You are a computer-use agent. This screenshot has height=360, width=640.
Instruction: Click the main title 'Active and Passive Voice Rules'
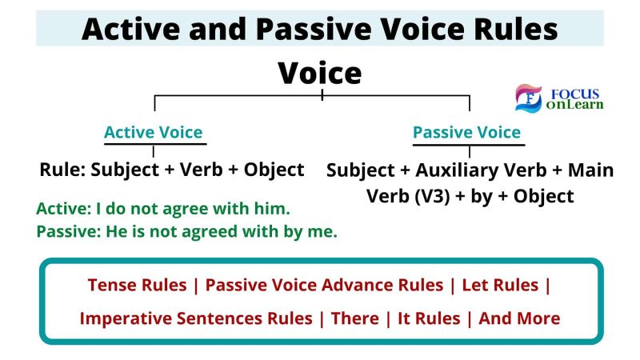click(x=319, y=29)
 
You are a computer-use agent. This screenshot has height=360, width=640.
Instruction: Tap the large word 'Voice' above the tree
click(x=319, y=74)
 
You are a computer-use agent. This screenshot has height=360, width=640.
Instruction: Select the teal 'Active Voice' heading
click(x=154, y=132)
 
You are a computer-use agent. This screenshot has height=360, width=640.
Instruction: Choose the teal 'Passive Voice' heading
click(x=467, y=132)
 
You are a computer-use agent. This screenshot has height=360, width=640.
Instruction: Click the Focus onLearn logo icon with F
click(x=529, y=98)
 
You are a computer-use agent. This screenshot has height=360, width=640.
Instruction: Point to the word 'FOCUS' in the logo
click(x=575, y=94)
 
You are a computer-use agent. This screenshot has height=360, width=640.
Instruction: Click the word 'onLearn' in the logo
click(x=574, y=105)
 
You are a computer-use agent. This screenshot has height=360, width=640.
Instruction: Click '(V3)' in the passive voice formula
click(x=432, y=196)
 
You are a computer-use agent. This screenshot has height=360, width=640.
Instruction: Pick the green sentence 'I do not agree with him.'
click(x=193, y=209)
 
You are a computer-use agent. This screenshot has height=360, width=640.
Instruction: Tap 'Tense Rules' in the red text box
click(x=137, y=285)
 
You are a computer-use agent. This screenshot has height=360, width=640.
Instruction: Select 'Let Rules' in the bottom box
click(x=500, y=285)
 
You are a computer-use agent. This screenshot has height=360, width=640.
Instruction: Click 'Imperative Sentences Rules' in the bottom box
click(x=196, y=318)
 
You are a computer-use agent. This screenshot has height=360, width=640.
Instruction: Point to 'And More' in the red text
click(x=519, y=318)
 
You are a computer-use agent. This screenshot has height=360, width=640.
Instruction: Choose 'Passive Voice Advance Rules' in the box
click(x=324, y=285)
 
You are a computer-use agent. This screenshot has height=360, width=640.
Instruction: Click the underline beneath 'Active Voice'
click(x=155, y=144)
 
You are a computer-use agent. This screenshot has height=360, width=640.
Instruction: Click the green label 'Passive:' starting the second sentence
click(x=69, y=231)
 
